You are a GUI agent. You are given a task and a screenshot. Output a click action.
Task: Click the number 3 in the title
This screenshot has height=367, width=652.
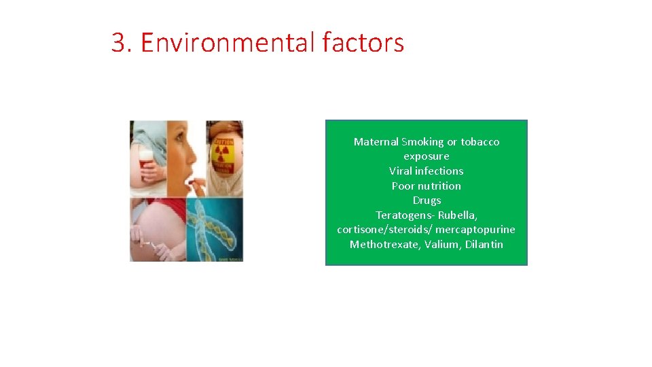point(119,43)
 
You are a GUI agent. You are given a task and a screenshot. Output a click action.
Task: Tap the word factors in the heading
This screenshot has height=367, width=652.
point(363,43)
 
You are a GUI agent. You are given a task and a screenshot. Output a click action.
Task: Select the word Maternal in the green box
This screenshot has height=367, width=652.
point(376,142)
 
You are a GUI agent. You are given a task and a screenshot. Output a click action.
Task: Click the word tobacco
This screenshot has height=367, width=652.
point(479,142)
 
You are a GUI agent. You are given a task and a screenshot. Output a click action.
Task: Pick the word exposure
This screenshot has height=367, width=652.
point(427,156)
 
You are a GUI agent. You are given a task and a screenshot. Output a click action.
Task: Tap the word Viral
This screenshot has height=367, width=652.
point(401,171)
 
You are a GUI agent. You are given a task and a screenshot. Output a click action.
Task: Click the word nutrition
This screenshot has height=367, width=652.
point(439,186)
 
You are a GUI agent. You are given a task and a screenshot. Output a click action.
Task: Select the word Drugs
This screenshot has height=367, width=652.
point(427,200)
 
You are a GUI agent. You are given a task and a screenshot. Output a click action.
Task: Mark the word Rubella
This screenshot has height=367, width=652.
point(457,215)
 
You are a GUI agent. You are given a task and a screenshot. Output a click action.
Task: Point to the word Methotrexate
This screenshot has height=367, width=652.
point(385,245)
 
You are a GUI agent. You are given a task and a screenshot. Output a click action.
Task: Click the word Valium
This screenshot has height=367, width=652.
point(443,245)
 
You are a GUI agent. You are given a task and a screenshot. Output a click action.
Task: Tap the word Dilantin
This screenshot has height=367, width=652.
point(484,245)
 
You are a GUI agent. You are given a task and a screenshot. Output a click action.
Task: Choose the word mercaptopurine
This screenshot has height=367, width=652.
point(475,230)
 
